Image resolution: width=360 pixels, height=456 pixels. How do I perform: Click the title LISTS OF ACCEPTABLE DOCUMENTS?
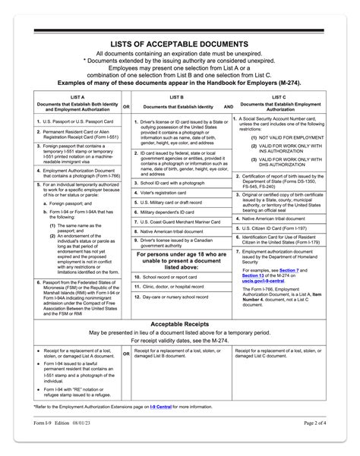179,46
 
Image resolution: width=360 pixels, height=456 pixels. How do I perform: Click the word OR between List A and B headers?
127,107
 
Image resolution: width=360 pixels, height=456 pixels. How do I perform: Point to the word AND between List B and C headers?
228,107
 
